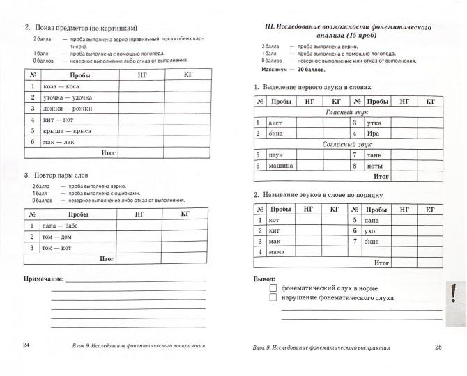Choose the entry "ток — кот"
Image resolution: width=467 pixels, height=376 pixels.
pos(57,247)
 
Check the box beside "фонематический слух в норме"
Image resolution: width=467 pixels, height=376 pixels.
pos(274,287)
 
